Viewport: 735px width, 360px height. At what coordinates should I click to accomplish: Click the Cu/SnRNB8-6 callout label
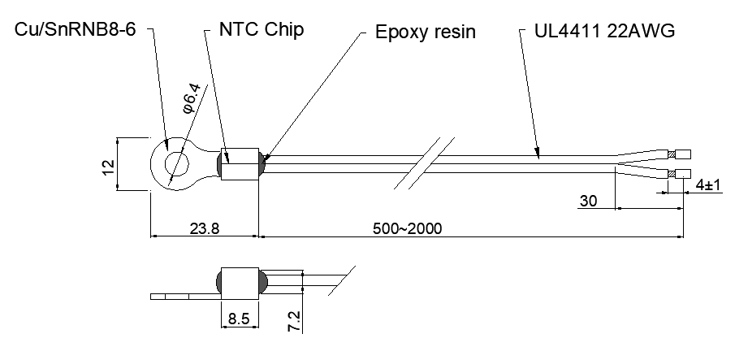[x=75, y=30]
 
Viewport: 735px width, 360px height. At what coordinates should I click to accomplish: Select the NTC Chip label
[x=262, y=29]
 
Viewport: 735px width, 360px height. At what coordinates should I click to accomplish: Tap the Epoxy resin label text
[x=426, y=32]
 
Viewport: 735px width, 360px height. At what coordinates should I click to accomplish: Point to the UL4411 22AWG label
[x=604, y=31]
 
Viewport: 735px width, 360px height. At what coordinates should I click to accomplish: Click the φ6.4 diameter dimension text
[x=191, y=98]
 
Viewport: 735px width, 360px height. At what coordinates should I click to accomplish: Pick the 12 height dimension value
[x=108, y=167]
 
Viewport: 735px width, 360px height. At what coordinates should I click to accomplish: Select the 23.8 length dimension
[x=205, y=228]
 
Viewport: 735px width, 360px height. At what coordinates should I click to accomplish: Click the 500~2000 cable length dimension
[x=408, y=228]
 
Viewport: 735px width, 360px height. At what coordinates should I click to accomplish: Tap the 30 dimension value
[x=589, y=201]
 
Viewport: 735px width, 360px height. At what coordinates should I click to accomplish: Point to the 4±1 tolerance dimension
[x=708, y=185]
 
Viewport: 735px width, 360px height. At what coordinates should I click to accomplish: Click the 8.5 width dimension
[x=239, y=319]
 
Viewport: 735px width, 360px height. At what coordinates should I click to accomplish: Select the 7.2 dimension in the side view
[x=294, y=321]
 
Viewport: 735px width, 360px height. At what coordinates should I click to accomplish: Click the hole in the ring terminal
[x=176, y=164]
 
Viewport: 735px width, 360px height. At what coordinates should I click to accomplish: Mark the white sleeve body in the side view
[x=240, y=284]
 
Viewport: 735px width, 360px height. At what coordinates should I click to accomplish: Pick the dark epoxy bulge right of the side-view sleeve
[x=263, y=283]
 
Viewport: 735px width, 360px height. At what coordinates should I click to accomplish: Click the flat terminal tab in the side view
[x=186, y=297]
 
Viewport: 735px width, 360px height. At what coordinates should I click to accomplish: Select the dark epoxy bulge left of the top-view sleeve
[x=218, y=164]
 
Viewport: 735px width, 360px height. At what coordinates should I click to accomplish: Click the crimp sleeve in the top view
[x=240, y=164]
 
